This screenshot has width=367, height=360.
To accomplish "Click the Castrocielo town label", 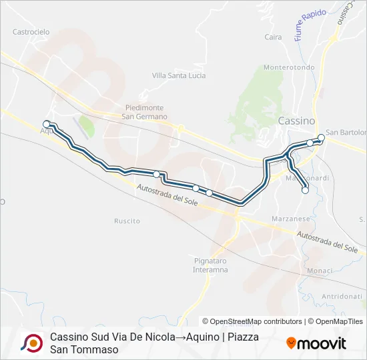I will coord(31,31).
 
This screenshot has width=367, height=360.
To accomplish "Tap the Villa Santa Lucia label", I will coord(179,75).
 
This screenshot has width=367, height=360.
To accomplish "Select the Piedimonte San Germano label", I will coord(144,111).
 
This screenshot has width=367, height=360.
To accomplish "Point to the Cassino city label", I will coord(296,121).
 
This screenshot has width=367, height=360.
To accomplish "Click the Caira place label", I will coord(274,37).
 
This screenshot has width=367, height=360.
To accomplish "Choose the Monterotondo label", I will coord(289,67).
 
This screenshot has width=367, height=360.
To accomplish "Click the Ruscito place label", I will coord(127,221).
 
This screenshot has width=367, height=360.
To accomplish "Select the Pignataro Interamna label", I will coord(211,265).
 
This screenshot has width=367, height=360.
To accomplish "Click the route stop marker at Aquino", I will coord(47,123).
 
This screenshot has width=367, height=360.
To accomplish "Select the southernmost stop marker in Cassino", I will coord(305,190).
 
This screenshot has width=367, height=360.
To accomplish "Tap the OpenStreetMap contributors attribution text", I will coord(252,321).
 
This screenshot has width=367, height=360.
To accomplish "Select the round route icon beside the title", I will coord(31,343).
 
